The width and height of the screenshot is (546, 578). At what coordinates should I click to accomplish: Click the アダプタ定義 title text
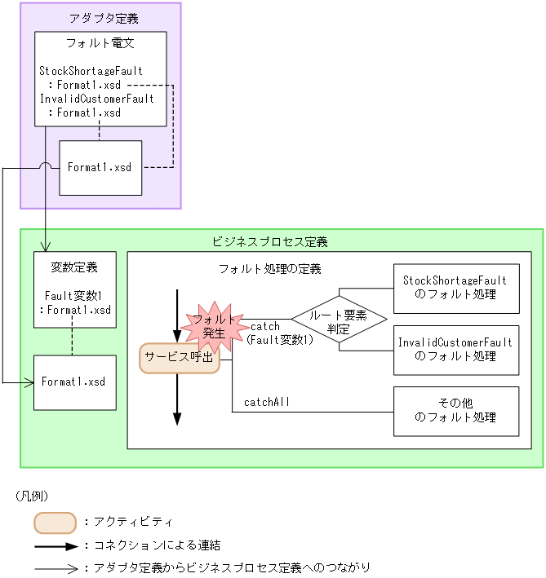100,17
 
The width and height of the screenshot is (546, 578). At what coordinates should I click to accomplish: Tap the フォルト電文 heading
100,42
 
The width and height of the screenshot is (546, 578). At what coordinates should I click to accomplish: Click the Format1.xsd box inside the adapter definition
100,167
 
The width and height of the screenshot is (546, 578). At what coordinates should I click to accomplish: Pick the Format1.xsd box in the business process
74,382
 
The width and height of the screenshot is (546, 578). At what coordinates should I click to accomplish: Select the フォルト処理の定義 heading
269,268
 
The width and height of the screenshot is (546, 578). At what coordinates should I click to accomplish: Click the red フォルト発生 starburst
214,324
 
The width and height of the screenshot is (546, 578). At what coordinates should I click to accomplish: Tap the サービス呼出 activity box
179,357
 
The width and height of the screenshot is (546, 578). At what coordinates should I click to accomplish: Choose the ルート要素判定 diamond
339,319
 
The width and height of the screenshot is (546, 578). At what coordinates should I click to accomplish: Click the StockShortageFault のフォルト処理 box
455,288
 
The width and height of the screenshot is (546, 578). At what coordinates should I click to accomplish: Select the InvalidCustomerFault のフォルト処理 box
455,349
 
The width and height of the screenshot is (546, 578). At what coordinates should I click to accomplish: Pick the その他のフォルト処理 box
455,411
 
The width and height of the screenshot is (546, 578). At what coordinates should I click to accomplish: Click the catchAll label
266,401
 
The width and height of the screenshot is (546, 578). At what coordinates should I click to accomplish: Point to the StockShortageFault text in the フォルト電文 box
96,71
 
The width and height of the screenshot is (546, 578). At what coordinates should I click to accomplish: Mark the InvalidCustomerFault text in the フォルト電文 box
96,99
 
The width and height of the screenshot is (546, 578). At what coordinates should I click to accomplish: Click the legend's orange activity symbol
55,522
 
